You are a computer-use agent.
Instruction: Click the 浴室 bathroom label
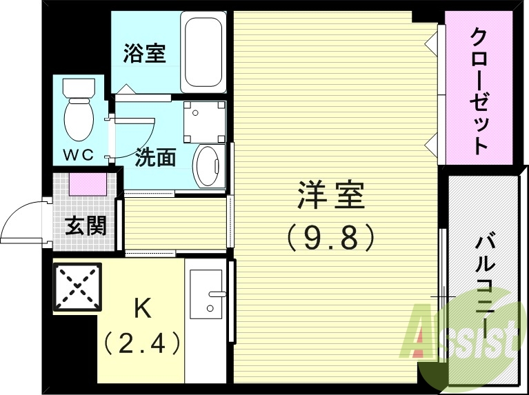point(145,54)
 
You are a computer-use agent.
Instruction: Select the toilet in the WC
point(79,110)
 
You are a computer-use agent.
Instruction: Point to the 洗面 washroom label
point(155,158)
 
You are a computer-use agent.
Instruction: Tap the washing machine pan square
point(204,120)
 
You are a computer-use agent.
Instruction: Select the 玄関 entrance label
point(86,226)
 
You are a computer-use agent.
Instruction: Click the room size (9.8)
point(330,238)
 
